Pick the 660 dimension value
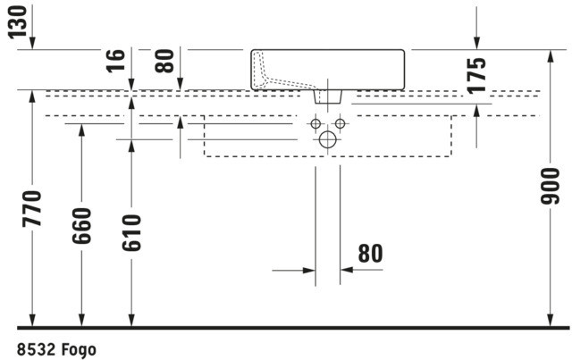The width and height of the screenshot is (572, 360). click(x=82, y=229)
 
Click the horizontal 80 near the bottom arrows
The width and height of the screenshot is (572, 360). click(x=370, y=254)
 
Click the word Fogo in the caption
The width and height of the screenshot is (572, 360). click(x=78, y=348)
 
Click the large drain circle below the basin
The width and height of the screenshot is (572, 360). click(x=328, y=139)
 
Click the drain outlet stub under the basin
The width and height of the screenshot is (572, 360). click(x=329, y=94)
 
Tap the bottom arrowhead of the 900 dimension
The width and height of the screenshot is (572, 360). click(x=551, y=322)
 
